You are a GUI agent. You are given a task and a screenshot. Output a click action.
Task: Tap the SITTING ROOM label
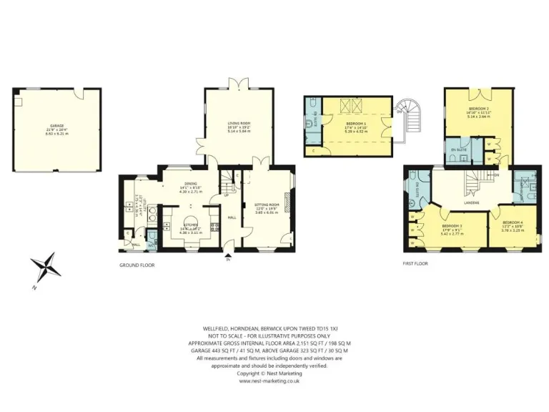click(265, 205)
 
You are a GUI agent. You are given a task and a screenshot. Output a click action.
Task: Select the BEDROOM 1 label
click(355, 124)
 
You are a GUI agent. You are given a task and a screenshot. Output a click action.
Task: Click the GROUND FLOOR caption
click(137, 265)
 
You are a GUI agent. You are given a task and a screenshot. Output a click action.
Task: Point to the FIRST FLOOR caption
click(415, 263)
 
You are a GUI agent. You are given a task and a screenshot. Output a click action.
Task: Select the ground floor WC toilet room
click(151, 239)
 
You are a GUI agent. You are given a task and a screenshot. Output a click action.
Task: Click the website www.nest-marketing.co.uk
click(269, 381)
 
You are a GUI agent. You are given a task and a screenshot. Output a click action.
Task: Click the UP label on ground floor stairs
click(227, 194)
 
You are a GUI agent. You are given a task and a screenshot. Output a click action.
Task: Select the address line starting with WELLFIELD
click(269, 328)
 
